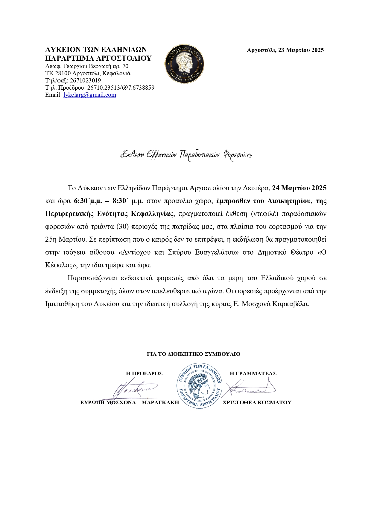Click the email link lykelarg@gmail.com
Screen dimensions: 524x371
89,95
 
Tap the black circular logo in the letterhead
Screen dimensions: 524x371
185,64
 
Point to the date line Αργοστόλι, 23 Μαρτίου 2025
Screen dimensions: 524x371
285,50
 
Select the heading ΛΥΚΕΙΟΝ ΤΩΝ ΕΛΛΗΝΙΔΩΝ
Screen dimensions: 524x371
96,50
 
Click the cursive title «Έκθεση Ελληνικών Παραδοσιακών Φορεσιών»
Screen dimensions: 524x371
185,155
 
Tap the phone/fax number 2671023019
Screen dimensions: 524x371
85,81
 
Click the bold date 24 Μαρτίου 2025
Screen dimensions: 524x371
299,188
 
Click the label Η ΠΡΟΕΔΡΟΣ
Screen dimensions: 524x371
144,373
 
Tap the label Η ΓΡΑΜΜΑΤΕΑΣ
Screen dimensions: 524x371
253,373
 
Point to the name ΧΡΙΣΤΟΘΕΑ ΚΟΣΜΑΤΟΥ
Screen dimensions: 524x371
257,402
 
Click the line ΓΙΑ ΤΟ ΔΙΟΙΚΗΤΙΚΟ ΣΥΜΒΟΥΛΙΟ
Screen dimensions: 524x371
194,354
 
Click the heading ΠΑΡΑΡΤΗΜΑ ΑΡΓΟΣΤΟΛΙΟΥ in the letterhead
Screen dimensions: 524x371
98,58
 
